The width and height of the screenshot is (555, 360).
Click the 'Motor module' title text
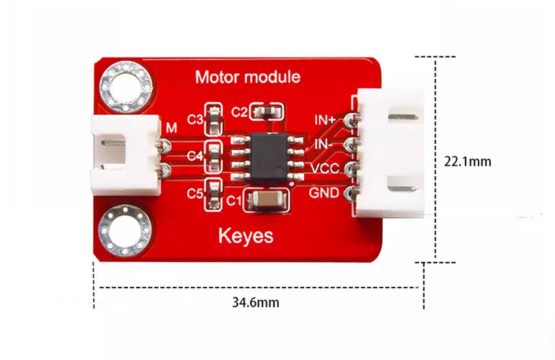[247, 77]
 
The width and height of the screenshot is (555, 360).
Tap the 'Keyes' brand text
[246, 235]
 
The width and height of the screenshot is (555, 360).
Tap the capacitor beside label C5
[213, 193]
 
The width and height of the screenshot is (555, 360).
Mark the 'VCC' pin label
[325, 168]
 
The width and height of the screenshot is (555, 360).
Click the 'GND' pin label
[324, 193]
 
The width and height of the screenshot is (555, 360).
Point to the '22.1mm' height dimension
[468, 162]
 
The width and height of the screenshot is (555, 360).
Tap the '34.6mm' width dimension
[256, 303]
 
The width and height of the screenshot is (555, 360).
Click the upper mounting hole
[126, 87]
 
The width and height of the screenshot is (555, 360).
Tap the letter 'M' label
[171, 128]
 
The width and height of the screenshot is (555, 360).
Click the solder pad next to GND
[351, 194]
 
